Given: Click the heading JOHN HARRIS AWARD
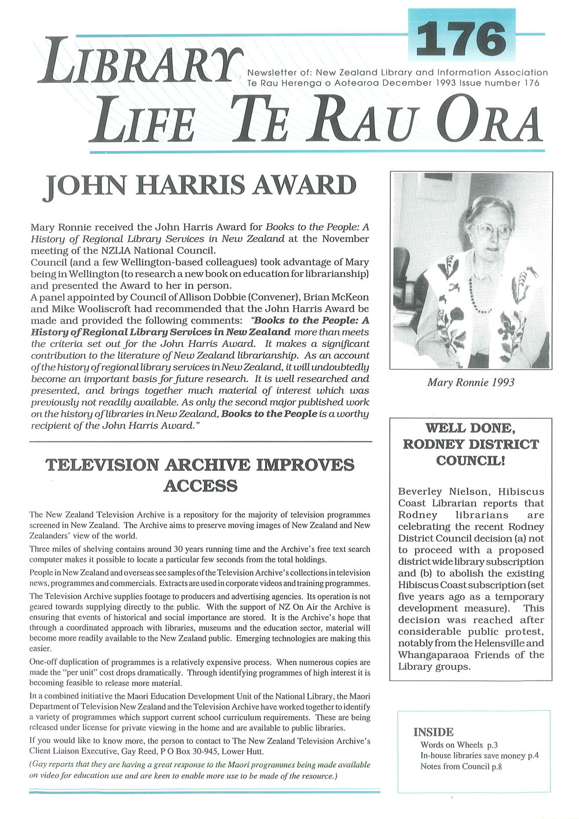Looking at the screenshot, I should (199, 187).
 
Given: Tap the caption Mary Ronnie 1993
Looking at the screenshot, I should (470, 382).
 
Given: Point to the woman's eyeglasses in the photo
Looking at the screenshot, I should (493, 231).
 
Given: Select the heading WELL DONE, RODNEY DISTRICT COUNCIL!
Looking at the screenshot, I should (470, 444).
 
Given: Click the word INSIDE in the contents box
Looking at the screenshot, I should (433, 732).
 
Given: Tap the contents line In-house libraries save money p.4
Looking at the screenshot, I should (479, 755).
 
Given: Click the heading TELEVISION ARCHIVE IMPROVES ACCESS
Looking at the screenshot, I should (200, 475).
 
